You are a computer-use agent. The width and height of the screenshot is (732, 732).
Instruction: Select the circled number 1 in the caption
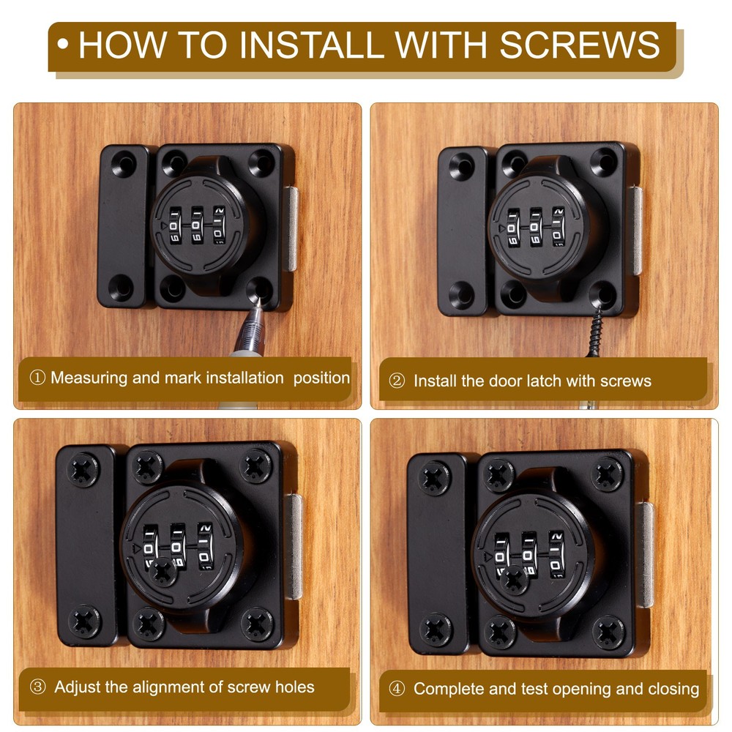coord(37,378)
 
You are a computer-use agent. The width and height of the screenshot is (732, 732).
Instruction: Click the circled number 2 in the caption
coord(397,381)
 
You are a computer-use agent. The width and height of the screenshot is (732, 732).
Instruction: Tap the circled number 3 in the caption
coord(37,687)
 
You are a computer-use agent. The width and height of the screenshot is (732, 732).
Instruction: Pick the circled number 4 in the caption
coord(397,689)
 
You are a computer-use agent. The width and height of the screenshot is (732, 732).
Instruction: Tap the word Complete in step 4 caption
coord(444,689)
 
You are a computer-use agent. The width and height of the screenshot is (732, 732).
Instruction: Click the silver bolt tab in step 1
coord(290,228)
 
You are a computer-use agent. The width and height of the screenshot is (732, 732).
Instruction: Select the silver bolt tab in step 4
coord(645,554)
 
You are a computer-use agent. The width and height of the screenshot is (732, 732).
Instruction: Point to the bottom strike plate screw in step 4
coord(435,629)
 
